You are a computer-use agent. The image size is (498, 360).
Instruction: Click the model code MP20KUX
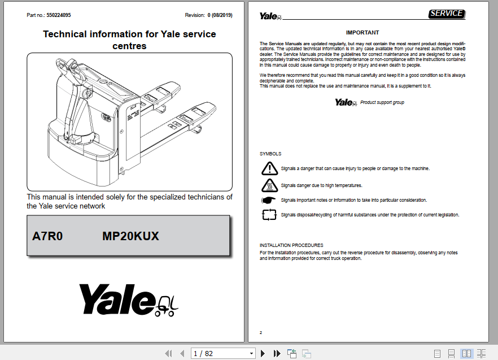coord(130,236)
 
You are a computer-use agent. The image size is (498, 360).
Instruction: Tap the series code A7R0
coord(47,236)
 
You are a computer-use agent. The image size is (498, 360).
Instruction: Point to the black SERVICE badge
coord(446,14)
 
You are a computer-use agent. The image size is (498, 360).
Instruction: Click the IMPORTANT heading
coord(362,33)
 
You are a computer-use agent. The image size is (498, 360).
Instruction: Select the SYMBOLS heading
coord(270,154)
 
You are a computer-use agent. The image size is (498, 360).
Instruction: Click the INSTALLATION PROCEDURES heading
coord(291,245)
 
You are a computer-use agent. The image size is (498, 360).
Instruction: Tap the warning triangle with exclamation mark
coord(270,168)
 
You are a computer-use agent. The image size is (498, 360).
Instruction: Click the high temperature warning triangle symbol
coord(270,185)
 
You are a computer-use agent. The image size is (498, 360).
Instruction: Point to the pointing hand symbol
coord(269,200)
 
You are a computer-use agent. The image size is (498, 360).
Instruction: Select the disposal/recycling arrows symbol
coord(269,215)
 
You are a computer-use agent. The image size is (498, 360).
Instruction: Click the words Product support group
coord(382,102)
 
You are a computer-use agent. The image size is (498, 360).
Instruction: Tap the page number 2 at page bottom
coord(261,333)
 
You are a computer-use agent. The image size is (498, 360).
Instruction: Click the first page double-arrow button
coord(168,353)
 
